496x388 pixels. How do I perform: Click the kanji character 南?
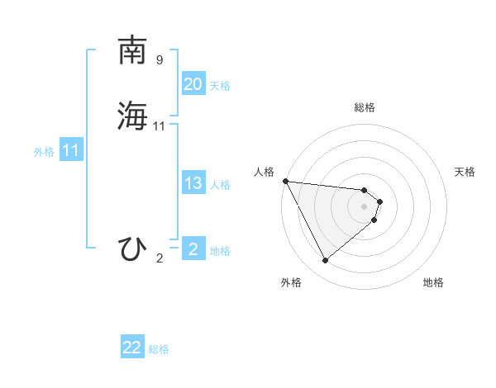click(133, 50)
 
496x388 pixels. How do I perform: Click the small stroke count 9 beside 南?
click(160, 60)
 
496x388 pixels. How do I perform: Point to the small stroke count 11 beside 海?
click(160, 126)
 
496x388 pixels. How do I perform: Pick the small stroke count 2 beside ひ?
click(160, 258)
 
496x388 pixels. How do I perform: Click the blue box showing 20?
click(193, 84)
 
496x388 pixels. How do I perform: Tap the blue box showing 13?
click(193, 183)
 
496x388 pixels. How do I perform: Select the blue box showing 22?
click(132, 348)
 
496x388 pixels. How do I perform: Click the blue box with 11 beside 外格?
click(70, 151)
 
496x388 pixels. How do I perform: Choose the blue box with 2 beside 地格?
click(193, 249)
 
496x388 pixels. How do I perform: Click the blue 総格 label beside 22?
click(159, 349)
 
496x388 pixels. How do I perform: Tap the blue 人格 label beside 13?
click(220, 185)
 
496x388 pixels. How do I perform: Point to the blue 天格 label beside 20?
click(220, 86)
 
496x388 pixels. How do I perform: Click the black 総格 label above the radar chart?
click(365, 107)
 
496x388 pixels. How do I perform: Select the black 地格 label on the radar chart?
click(433, 283)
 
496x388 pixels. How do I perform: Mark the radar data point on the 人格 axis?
click(285, 181)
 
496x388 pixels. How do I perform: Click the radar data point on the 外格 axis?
click(325, 261)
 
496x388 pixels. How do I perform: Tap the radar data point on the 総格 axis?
click(365, 189)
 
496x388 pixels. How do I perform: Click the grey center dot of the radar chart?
click(365, 206)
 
